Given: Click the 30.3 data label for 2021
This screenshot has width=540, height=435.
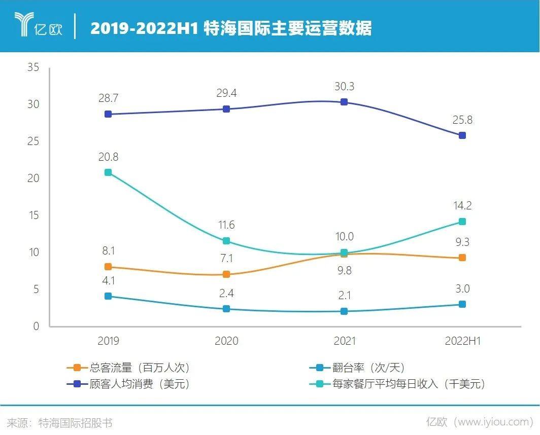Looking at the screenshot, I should coord(344,86).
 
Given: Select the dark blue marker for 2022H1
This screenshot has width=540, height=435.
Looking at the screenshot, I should coord(462,135).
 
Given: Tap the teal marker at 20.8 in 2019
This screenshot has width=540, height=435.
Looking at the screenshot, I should coord(108,172).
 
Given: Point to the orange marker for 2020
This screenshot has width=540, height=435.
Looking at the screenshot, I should coord(226,274).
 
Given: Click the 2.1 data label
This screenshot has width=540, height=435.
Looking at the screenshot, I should coord(344,295).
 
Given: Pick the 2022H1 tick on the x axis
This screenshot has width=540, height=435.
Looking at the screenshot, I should coord(462,341).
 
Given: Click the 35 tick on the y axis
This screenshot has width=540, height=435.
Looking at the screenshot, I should coord(33,67).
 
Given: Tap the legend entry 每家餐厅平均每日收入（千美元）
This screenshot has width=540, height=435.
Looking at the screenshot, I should coord(397,384).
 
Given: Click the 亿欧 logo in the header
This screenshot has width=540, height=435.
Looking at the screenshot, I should coord(38,26).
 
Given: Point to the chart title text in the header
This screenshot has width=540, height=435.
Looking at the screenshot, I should coord(231,28).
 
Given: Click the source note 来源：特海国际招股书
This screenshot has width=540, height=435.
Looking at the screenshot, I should coord(60,422).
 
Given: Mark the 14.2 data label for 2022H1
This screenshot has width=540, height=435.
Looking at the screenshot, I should coord(462,206).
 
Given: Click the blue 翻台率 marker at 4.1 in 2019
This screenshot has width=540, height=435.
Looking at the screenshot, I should coord(108,296).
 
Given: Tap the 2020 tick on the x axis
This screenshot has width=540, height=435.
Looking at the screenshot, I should coord(226,341).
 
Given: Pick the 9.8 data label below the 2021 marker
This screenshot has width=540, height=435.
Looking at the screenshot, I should coord(344,270).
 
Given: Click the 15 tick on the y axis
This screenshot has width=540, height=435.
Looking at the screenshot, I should coord(33,215).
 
